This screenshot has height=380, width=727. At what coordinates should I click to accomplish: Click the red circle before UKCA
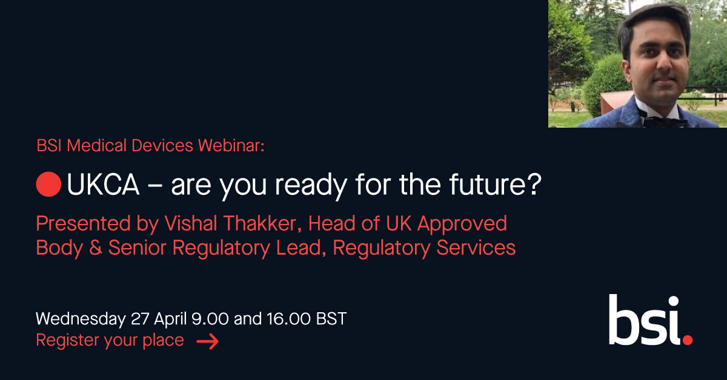coord(48,184)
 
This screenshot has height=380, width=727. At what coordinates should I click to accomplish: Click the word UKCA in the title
coord(103,185)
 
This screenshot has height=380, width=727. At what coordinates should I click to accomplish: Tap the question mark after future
coord(531,185)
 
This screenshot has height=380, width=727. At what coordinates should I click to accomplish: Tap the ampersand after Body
coord(95,247)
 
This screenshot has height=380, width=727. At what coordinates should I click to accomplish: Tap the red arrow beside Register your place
coord(207,342)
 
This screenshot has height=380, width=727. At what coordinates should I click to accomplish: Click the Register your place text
coord(110,341)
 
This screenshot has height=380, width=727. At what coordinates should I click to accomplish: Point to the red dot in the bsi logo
coord(687,339)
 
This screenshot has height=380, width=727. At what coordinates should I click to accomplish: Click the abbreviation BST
coord(331,318)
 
